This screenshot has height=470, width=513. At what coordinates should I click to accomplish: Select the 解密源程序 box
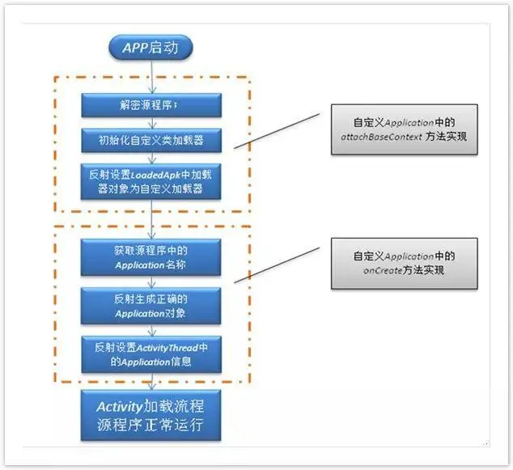(x=151, y=105)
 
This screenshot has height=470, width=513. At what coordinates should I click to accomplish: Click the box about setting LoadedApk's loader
(x=151, y=182)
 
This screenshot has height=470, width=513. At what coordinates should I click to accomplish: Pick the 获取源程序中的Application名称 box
(x=151, y=256)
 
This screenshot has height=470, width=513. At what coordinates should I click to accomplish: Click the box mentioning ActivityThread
(x=151, y=354)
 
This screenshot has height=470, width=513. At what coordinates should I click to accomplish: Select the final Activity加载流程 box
(x=151, y=414)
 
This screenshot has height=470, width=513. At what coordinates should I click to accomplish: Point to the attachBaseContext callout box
(x=404, y=129)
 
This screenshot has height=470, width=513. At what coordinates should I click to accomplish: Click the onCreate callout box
(x=404, y=263)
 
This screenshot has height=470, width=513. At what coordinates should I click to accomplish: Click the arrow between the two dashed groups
(x=151, y=218)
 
